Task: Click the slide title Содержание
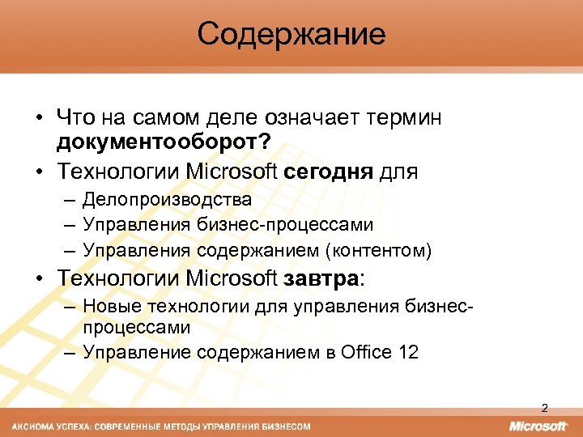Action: click(x=291, y=35)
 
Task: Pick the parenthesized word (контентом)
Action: click(x=378, y=250)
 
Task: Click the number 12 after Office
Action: click(x=408, y=352)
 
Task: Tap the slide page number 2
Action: click(x=544, y=407)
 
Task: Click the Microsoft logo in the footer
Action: click(x=538, y=426)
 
